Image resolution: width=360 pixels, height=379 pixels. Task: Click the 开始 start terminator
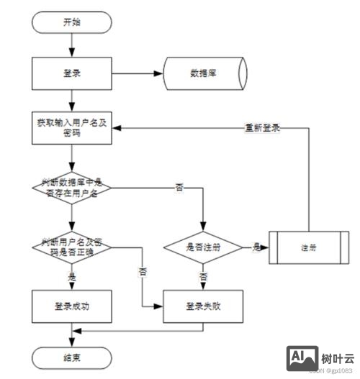tap(71, 22)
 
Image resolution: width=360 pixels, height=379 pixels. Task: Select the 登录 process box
tap(71, 73)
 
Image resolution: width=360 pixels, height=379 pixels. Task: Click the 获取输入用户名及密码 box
tap(71, 128)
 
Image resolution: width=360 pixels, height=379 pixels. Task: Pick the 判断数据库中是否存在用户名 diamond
tap(71, 188)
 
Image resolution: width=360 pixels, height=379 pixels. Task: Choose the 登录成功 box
tap(71, 306)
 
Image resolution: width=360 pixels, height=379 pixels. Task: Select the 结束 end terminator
tap(71, 355)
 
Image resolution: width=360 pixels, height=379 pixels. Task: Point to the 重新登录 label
tap(262, 128)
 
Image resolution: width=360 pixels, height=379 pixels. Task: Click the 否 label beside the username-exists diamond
tap(179, 188)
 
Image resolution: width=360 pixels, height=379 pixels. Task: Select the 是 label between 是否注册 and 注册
tap(256, 247)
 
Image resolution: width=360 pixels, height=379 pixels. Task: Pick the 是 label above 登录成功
tap(71, 276)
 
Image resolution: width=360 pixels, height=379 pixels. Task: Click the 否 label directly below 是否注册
tap(204, 276)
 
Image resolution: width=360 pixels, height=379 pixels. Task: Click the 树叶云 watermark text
tap(337, 357)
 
